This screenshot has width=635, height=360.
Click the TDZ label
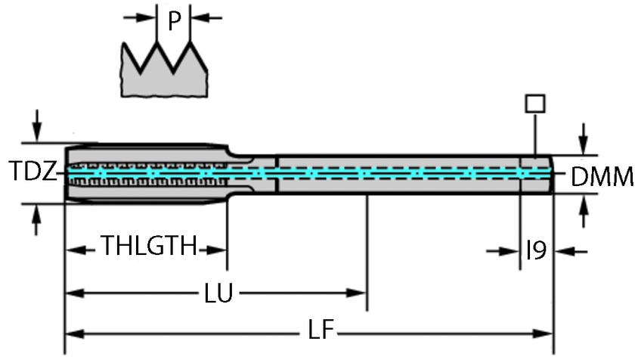pos(33,172)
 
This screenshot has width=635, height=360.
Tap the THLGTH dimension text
pos(150,247)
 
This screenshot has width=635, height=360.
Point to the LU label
pos(218,292)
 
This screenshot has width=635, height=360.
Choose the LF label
pos(322,331)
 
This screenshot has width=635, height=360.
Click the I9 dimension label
pos(535,250)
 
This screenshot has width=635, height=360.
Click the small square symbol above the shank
pos(535,103)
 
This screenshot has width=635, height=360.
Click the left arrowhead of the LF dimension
pos(73,331)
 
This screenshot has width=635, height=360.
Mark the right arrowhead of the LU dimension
pos(358,292)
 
